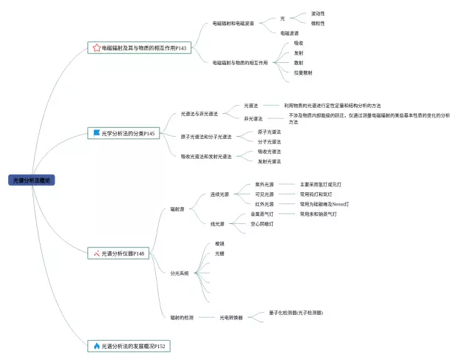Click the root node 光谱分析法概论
[x=33, y=180]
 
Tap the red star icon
[x=96, y=48]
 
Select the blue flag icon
[x=96, y=133]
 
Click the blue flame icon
[x=96, y=345]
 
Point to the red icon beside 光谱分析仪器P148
[x=96, y=253]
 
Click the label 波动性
[x=318, y=13]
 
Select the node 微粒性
[x=318, y=23]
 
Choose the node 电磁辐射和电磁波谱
[x=234, y=23]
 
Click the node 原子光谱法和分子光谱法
[x=206, y=137]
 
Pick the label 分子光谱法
[x=269, y=141]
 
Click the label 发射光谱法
[x=269, y=160]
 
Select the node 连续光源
[x=220, y=194]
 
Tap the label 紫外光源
[x=264, y=184]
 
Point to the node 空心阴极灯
[x=264, y=223]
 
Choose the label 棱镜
[x=220, y=243]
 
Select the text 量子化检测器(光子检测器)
[x=296, y=313]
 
